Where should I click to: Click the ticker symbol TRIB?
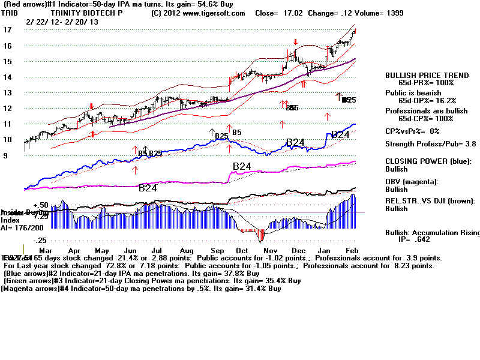9,13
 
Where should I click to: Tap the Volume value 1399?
392,13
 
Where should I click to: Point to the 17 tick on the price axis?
7,30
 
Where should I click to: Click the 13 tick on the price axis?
7,92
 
